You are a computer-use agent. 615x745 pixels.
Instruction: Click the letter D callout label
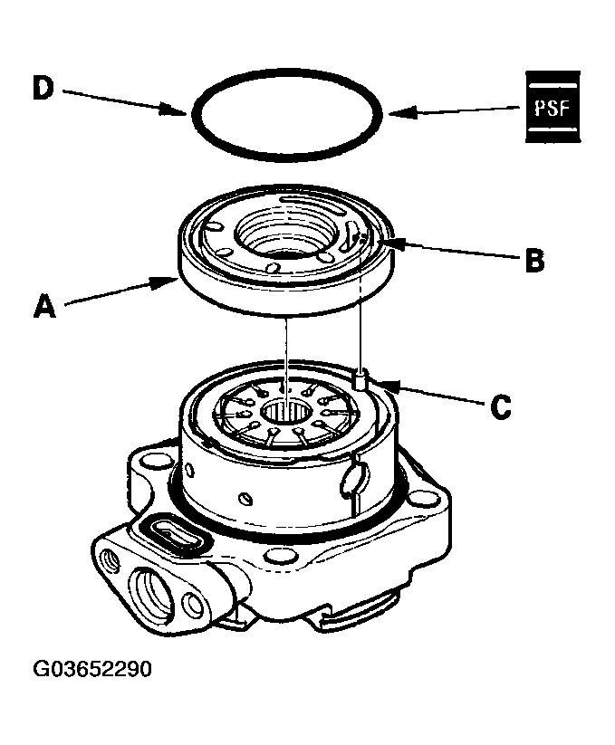[43, 89]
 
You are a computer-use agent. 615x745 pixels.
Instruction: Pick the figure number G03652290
[92, 670]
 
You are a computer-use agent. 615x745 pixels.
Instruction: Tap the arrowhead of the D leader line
[186, 114]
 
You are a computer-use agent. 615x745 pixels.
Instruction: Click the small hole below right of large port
[191, 605]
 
